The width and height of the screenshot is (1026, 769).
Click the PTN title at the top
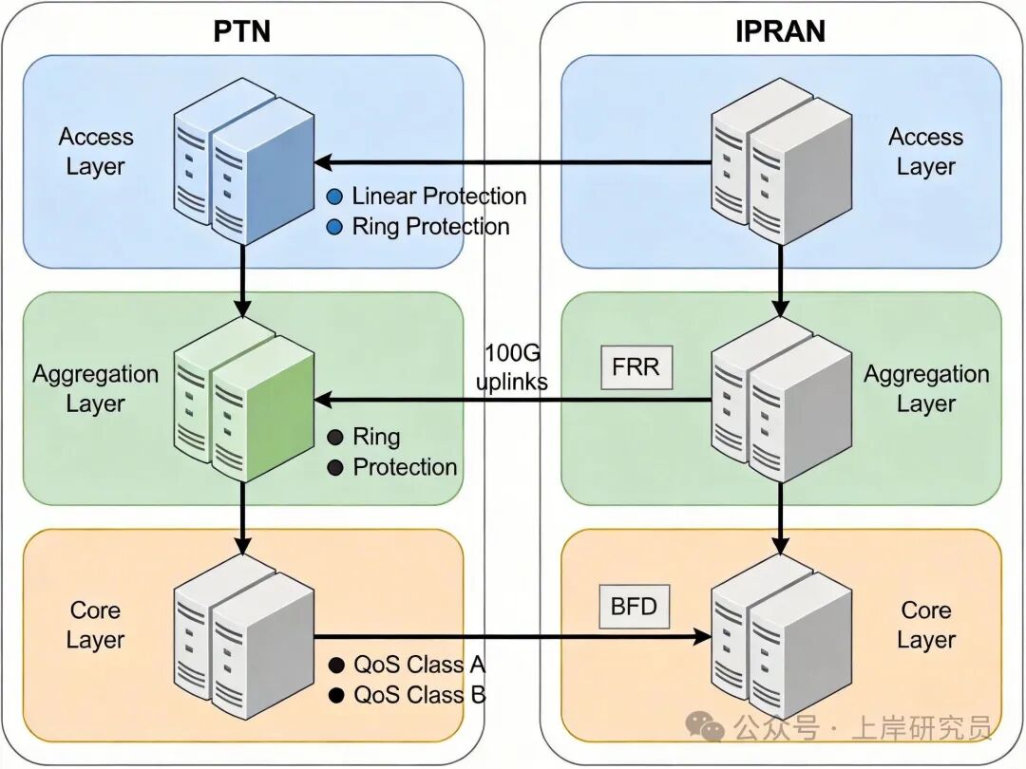pyautogui.click(x=241, y=30)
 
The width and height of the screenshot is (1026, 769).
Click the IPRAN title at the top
pyautogui.click(x=780, y=30)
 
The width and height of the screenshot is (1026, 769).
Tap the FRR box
pyautogui.click(x=636, y=366)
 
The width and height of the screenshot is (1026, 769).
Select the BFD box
pyautogui.click(x=634, y=605)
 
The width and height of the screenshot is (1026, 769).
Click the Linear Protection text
pyautogui.click(x=439, y=197)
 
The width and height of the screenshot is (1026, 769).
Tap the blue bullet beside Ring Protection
pyautogui.click(x=334, y=227)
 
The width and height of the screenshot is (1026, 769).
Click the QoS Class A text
pyautogui.click(x=420, y=665)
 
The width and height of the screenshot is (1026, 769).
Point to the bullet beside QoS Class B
pyautogui.click(x=334, y=695)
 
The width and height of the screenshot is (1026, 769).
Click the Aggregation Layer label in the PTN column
pyautogui.click(x=95, y=388)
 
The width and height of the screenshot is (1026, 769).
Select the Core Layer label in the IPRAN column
pyautogui.click(x=925, y=625)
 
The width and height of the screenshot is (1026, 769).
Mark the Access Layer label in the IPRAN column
pyautogui.click(x=925, y=151)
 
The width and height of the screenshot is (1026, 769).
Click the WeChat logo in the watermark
pyautogui.click(x=706, y=728)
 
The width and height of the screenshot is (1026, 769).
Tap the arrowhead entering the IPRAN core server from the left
pyautogui.click(x=705, y=637)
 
